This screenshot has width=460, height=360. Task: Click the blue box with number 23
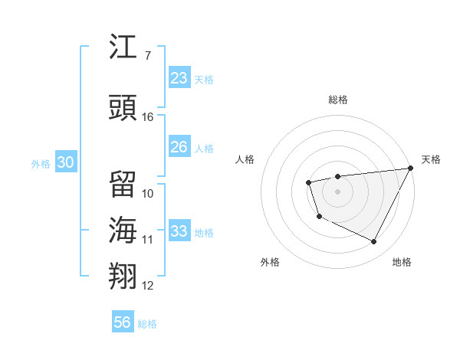[x=179, y=78]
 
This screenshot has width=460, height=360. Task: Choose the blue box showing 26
[x=179, y=147]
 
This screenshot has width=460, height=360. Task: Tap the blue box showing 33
[x=179, y=231]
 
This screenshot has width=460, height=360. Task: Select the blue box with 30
[x=65, y=162]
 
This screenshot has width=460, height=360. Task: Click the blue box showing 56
[x=123, y=322]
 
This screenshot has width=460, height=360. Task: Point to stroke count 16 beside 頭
[x=148, y=116]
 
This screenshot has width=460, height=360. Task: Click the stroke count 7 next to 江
[x=147, y=55]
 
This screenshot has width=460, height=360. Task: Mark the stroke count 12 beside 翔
[x=148, y=286]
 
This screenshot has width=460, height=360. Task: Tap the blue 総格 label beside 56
[x=147, y=324]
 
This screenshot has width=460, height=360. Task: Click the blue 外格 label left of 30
[x=40, y=163]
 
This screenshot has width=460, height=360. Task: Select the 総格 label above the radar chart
[x=338, y=100]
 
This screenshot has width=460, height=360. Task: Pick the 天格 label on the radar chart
[x=431, y=159]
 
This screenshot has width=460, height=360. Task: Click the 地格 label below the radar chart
[x=402, y=262]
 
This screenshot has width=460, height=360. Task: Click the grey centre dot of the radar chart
[x=337, y=191]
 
